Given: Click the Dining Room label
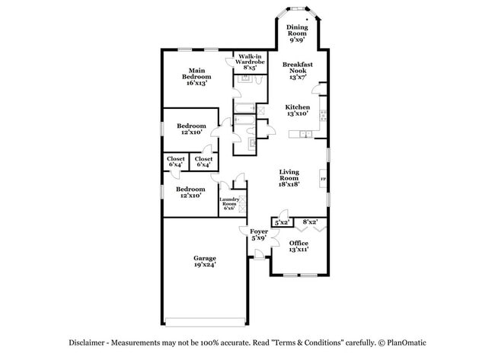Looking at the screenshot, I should pyautogui.click(x=297, y=30).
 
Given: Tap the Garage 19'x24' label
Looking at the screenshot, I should pyautogui.click(x=204, y=262).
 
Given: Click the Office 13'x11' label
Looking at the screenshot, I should pyautogui.click(x=299, y=246).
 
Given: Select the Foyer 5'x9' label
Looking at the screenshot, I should pyautogui.click(x=258, y=234).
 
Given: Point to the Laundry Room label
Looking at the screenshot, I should pyautogui.click(x=230, y=203).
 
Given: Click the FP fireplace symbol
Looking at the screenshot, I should pyautogui.click(x=324, y=180).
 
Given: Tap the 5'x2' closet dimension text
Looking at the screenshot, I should pyautogui.click(x=282, y=222).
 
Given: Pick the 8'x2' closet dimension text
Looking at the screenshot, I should pyautogui.click(x=309, y=222).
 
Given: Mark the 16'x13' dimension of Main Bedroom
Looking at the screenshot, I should pyautogui.click(x=196, y=84).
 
